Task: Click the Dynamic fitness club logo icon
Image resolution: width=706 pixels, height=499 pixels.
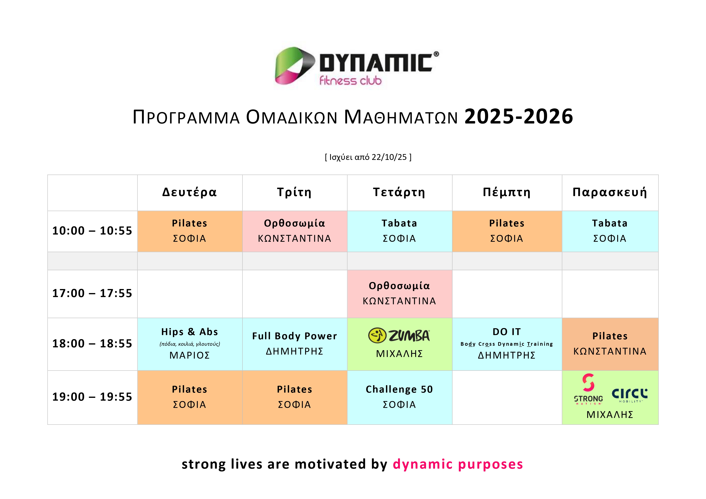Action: point(295,66)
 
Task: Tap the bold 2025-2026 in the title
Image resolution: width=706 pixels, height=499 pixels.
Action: point(519,117)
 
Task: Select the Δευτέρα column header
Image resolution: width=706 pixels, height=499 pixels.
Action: point(190,192)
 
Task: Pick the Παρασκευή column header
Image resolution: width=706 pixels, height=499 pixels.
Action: point(610,192)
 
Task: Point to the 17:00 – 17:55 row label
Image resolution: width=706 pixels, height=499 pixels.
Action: point(92,293)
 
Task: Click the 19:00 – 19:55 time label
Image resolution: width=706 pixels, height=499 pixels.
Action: point(92,397)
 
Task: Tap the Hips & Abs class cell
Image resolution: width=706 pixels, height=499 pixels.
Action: point(190,344)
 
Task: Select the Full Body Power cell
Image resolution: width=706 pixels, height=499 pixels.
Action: point(295,344)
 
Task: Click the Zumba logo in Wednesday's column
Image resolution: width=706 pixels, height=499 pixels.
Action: point(399,335)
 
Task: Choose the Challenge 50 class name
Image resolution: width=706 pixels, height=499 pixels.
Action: point(399,390)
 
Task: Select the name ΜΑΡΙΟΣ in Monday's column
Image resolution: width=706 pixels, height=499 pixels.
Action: point(190,355)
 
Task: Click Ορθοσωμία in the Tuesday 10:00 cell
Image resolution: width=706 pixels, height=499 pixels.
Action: point(295,223)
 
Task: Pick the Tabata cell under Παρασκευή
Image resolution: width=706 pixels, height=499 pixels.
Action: point(610,231)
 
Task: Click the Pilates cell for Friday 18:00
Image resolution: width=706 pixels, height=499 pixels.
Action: point(610,344)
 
